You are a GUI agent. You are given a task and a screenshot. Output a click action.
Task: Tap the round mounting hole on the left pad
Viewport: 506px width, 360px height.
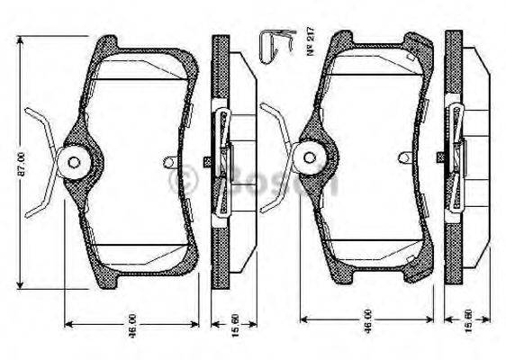[x=73, y=163]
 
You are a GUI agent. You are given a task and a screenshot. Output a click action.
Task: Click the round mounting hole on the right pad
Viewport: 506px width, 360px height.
[x=310, y=157]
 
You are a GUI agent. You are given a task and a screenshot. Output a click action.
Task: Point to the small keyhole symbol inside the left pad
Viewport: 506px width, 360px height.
[x=170, y=162]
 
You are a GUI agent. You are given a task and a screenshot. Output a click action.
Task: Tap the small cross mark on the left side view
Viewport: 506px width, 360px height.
[x=208, y=162]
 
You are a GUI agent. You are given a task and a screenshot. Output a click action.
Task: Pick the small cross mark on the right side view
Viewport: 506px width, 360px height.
[x=440, y=157]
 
